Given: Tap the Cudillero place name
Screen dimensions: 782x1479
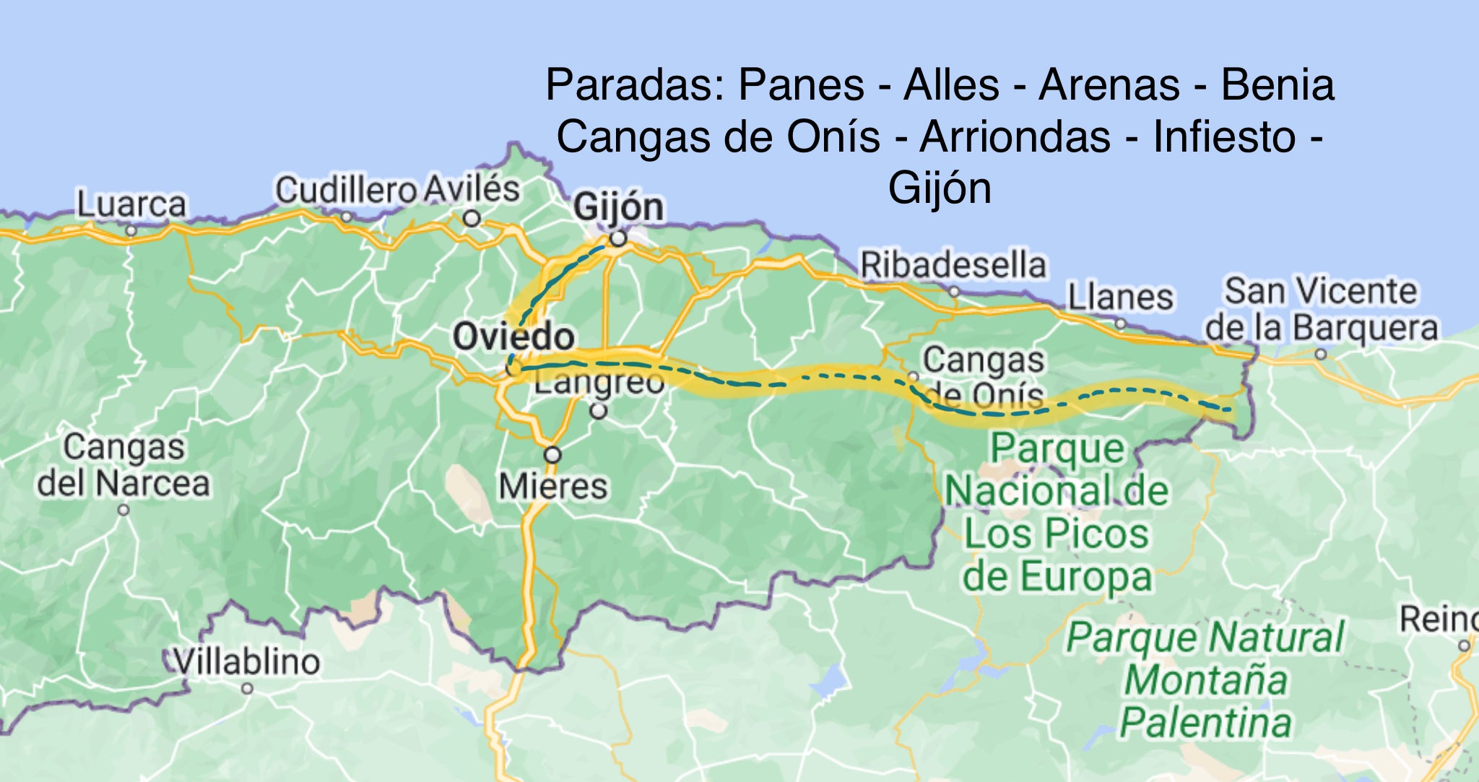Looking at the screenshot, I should tap(346, 190).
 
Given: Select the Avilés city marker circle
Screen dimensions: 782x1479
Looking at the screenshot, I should tap(472, 217).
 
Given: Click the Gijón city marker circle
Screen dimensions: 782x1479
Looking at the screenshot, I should tap(618, 238).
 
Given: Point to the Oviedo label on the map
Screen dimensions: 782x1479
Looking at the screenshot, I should tap(513, 336).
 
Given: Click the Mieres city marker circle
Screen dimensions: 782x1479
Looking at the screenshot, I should tap(552, 455).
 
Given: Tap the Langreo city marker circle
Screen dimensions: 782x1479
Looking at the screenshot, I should tap(599, 412).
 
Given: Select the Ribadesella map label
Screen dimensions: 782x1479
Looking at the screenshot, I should tap(953, 265).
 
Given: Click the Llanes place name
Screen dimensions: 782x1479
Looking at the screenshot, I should tap(1120, 297).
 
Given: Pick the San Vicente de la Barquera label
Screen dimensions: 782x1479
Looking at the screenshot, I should tap(1321, 309).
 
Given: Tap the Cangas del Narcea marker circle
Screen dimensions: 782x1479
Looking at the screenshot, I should tap(123, 510).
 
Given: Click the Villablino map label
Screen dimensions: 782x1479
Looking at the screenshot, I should tap(247, 662).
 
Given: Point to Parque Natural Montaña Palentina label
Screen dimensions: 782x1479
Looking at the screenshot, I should tap(1205, 680).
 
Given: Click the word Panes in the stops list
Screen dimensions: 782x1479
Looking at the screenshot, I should tap(801, 84).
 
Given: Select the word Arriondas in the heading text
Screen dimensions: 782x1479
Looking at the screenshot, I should tap(1015, 136).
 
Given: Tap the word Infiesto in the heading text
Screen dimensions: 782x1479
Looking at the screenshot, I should tap(1224, 136).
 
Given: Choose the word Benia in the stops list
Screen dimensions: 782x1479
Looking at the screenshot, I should tap(1277, 84).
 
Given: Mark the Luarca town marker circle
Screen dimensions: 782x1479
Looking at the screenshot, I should tap(131, 231).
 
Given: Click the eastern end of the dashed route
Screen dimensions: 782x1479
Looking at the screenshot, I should tap(1229, 409).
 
